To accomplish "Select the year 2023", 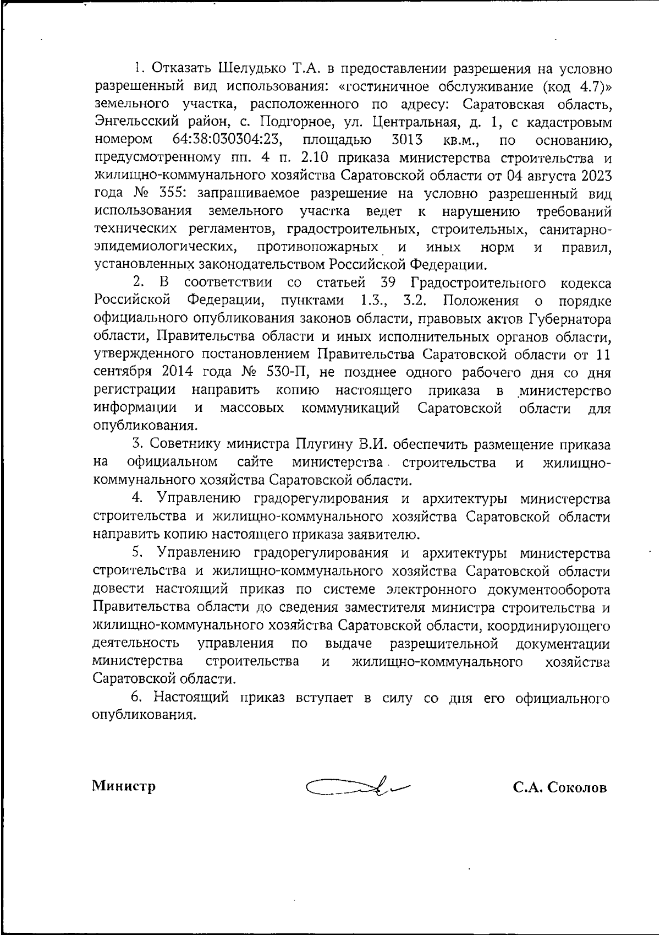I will coord(593,176).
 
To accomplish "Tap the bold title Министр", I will coord(124,786).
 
